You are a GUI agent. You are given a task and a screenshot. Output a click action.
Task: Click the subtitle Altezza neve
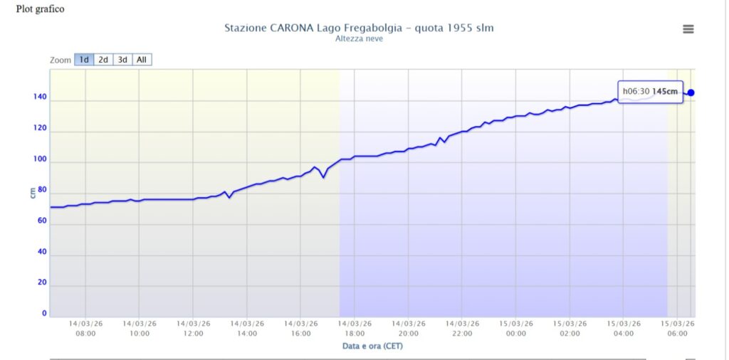coord(359,38)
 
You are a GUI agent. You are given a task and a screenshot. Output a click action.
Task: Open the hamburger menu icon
coord(688,29)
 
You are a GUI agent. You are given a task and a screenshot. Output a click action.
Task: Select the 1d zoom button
coord(84,60)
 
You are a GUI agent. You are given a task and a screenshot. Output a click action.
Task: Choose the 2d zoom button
coord(103,60)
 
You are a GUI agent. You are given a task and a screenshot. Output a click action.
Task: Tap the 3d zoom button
coord(122,60)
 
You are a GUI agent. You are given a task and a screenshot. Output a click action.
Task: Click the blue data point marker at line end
coord(691,92)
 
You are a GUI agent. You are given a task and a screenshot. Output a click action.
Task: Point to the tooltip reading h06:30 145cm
coord(650,91)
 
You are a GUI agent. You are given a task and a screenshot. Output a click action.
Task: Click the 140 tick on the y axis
coord(40,98)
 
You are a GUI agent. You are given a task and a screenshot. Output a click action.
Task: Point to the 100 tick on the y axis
coord(40,160)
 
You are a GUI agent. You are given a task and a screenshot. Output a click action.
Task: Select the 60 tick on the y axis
coord(42,221)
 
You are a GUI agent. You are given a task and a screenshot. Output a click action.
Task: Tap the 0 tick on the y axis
coord(44,313)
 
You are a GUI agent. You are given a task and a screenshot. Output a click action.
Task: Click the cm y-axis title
coord(33,191)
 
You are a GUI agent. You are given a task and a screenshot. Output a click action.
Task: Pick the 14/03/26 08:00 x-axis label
coord(85,328)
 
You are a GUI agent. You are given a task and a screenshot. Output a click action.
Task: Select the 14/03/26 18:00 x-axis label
coord(355,328)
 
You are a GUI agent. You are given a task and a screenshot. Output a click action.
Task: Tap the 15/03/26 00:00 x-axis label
coord(516,328)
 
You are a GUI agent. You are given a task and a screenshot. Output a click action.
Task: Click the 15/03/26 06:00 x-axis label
coord(678,328)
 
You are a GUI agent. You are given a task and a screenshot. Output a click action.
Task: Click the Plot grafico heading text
coord(41,9)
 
